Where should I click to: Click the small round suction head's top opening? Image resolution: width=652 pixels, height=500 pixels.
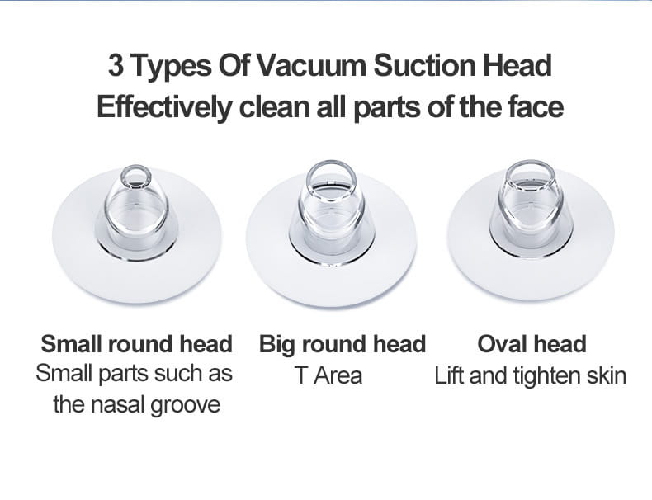click(135, 177)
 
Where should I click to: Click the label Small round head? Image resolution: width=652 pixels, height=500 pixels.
click(136, 343)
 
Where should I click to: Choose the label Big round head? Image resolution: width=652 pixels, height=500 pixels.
click(343, 343)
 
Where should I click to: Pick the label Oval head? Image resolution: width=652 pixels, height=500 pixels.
click(532, 343)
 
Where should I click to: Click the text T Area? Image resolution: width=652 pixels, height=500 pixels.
click(328, 376)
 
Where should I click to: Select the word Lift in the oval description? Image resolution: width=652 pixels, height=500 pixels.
click(449, 376)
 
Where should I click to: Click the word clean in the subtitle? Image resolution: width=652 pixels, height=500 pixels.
click(276, 107)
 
